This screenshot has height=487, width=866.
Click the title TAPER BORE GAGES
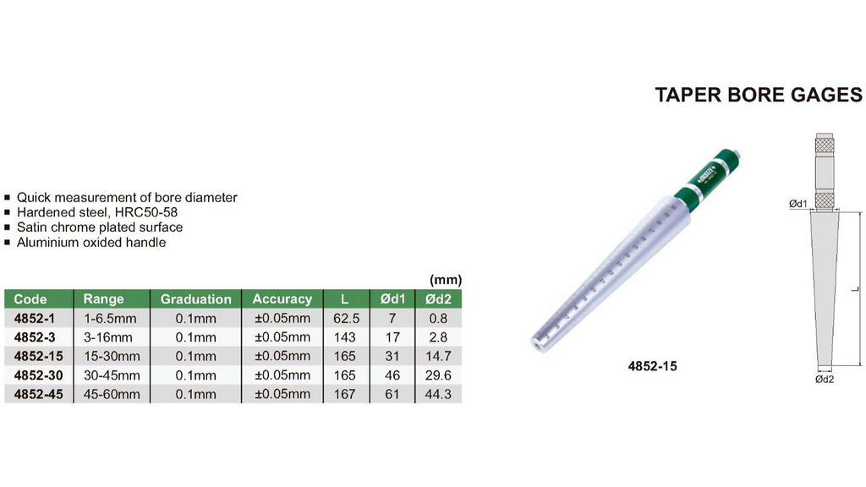pyautogui.click(x=759, y=95)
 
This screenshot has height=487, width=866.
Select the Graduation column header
pyautogui.click(x=195, y=298)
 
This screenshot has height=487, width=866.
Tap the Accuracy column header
pyautogui.click(x=282, y=298)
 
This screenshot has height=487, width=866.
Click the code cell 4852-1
pyautogui.click(x=35, y=319)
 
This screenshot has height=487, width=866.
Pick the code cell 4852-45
pyautogui.click(x=39, y=394)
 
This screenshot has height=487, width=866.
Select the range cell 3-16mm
pyautogui.click(x=108, y=337)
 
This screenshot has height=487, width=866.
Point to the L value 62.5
pyautogui.click(x=346, y=319)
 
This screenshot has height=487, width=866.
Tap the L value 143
pyautogui.click(x=345, y=337)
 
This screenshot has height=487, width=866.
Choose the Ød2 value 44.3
pyautogui.click(x=438, y=394)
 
